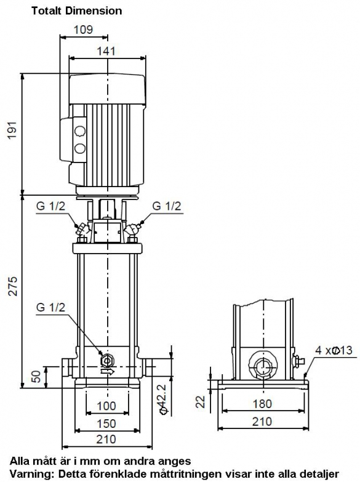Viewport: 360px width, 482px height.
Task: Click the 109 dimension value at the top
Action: (83, 30)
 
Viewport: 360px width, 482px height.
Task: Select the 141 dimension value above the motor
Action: (106, 51)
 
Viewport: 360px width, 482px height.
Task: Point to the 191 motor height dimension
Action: (12, 129)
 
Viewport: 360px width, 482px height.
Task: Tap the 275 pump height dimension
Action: (12, 286)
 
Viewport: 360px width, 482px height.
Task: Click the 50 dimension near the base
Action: (36, 376)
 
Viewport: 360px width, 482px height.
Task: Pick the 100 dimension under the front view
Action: (106, 406)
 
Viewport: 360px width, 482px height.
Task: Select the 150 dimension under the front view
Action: (106, 424)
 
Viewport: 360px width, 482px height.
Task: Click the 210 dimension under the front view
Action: (106, 440)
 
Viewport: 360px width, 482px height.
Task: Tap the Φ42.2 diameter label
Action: (162, 399)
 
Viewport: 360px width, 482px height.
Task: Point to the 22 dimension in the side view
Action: (201, 401)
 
